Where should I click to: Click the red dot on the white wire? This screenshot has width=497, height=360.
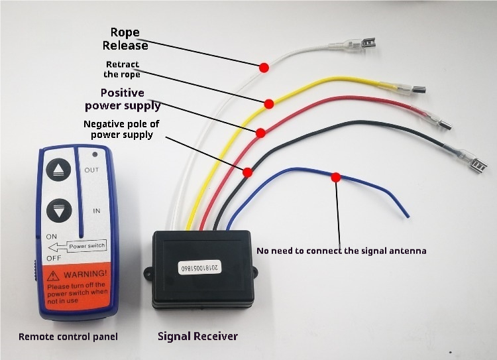(x=263, y=67)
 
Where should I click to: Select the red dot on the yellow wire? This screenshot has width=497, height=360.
(x=269, y=104)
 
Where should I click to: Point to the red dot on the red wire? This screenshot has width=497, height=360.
(x=260, y=132)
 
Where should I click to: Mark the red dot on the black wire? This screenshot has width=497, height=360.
(x=247, y=172)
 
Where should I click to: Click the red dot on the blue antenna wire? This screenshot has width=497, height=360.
(x=336, y=177)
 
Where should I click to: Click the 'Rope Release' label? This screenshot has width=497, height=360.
(x=125, y=39)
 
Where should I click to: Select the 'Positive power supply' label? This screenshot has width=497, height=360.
(x=122, y=99)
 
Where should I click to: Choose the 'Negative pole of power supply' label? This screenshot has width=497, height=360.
(x=121, y=129)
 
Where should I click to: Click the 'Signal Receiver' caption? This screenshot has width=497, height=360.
(x=197, y=336)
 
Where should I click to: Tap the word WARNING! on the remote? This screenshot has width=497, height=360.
(x=82, y=273)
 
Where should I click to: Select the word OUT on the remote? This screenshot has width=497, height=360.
(x=91, y=170)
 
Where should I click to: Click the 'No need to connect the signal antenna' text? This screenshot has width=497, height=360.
(x=341, y=251)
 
